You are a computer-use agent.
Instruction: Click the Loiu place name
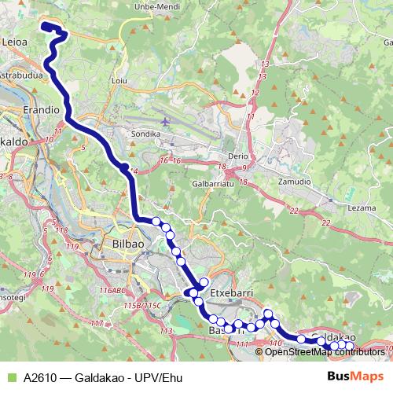coord(120,80)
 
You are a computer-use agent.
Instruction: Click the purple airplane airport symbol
coord(164,122)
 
